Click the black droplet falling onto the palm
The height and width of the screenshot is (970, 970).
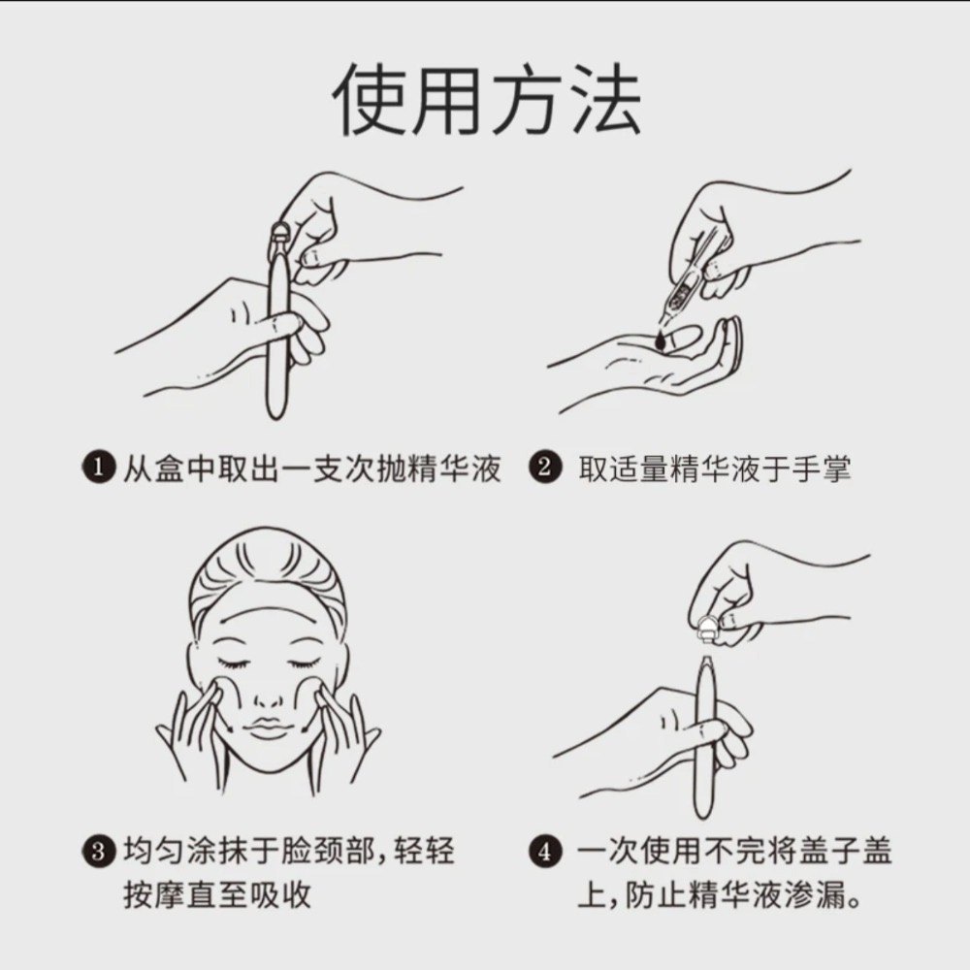661,339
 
